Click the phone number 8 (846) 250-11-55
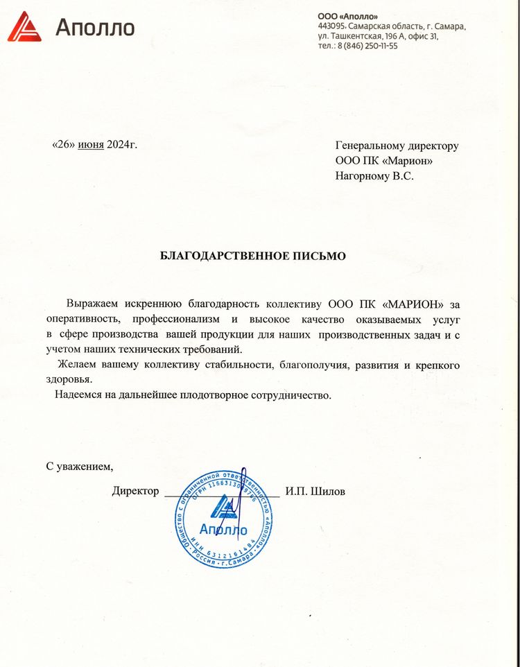pos(367,46)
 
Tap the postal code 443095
pos(331,26)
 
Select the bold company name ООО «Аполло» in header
pos(348,15)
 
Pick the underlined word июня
pos(91,144)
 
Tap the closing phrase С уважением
pos(79,465)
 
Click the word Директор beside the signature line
pos(135,492)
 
